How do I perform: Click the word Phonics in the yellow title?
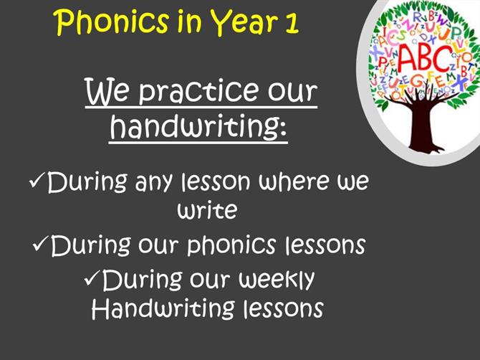(112, 22)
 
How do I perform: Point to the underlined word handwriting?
(198, 126)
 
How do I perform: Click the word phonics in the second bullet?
(231, 245)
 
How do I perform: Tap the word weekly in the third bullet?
(277, 280)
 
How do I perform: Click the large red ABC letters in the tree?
(425, 58)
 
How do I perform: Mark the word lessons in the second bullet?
(325, 245)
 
